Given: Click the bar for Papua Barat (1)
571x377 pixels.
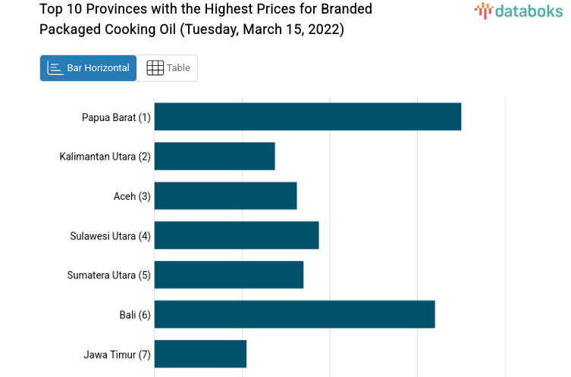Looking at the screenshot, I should (308, 117).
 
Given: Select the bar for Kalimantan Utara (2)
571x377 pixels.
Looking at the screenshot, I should (215, 156).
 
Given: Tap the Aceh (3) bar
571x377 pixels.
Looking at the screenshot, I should (225, 195).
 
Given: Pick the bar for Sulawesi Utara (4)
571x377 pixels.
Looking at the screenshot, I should (237, 235).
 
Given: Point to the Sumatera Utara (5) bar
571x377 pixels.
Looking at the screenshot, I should (229, 274).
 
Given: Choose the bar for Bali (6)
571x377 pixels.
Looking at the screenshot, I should (294, 313).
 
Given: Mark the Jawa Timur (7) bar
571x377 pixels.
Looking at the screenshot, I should (200, 354).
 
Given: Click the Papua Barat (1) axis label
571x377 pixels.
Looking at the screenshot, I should (116, 117).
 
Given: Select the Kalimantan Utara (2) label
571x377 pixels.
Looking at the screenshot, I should (105, 157).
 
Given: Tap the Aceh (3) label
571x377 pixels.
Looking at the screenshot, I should (132, 196).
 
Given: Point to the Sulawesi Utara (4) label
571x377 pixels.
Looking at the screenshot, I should (111, 235).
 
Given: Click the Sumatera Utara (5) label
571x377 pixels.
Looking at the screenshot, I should (109, 275).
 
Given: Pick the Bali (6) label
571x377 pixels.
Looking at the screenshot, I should (135, 314).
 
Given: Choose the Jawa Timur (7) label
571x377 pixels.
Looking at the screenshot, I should (117, 354).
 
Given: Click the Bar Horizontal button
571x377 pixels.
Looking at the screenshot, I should (88, 68).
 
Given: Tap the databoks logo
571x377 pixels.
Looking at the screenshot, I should (518, 11).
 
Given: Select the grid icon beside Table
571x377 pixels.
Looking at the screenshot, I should (155, 68).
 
